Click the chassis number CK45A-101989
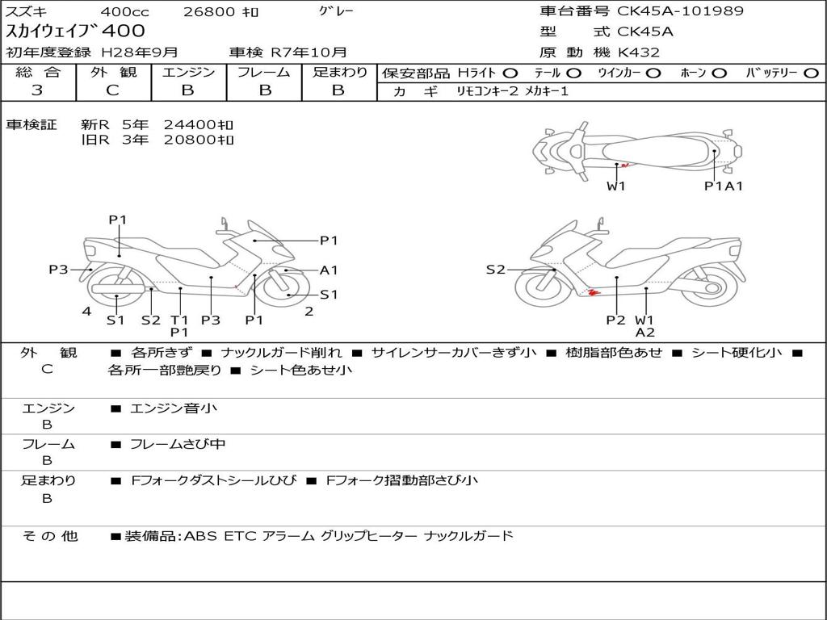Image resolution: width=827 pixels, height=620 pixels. (681, 11)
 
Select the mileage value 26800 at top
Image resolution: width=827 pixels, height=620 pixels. (209, 12)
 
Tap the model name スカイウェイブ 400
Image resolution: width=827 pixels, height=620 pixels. (76, 31)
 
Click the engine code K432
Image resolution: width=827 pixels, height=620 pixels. (639, 52)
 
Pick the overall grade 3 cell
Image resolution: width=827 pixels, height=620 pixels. (37, 90)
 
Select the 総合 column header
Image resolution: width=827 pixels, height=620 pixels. (38, 72)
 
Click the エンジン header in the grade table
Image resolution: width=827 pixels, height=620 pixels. (188, 72)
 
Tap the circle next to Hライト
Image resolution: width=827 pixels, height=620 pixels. (510, 73)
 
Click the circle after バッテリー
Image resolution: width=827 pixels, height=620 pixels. (812, 73)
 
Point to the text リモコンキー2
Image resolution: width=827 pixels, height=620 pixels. (487, 91)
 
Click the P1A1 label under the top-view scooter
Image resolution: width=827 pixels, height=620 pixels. (723, 186)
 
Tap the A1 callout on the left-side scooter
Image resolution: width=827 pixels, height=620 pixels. (329, 270)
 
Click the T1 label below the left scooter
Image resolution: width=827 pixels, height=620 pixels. (179, 319)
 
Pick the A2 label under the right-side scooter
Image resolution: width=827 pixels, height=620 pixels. (644, 332)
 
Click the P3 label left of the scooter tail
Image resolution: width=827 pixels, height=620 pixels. (58, 270)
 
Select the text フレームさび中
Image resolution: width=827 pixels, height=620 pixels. (178, 444)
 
